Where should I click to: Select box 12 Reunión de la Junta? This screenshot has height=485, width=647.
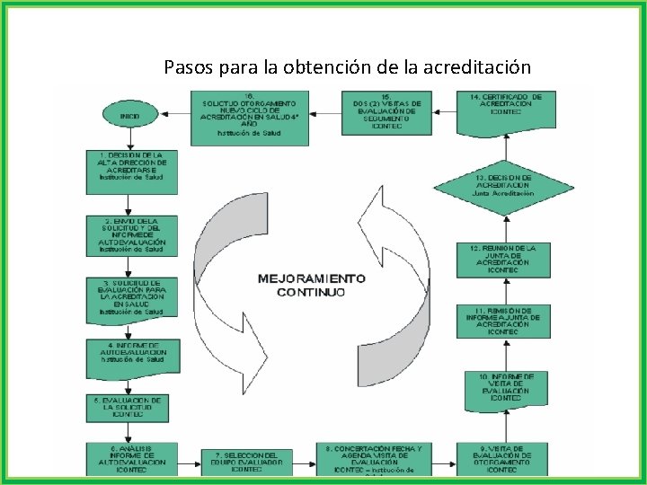point(508,259)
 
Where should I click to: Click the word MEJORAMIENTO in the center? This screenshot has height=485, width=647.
point(311,278)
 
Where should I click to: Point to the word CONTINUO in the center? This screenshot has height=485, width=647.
point(310,293)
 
